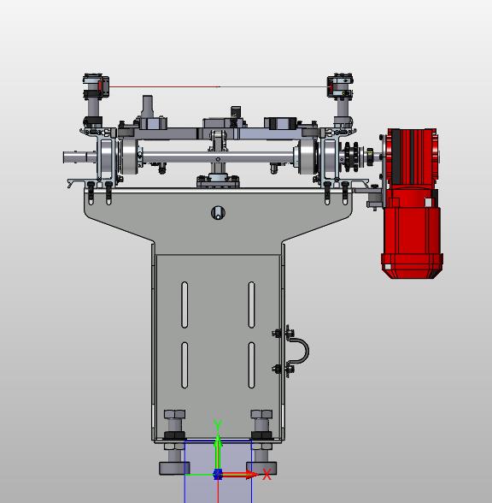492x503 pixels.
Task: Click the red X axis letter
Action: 266,474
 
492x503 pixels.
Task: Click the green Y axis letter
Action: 218,424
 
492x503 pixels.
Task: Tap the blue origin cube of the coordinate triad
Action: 218,474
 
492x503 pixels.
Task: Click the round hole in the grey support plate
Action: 218,213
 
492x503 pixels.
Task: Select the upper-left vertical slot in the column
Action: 184,305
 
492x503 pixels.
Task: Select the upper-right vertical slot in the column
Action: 251,305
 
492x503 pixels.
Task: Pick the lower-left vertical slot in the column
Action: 184,365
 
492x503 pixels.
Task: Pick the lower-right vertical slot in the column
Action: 251,365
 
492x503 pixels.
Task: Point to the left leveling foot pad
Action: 174,468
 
